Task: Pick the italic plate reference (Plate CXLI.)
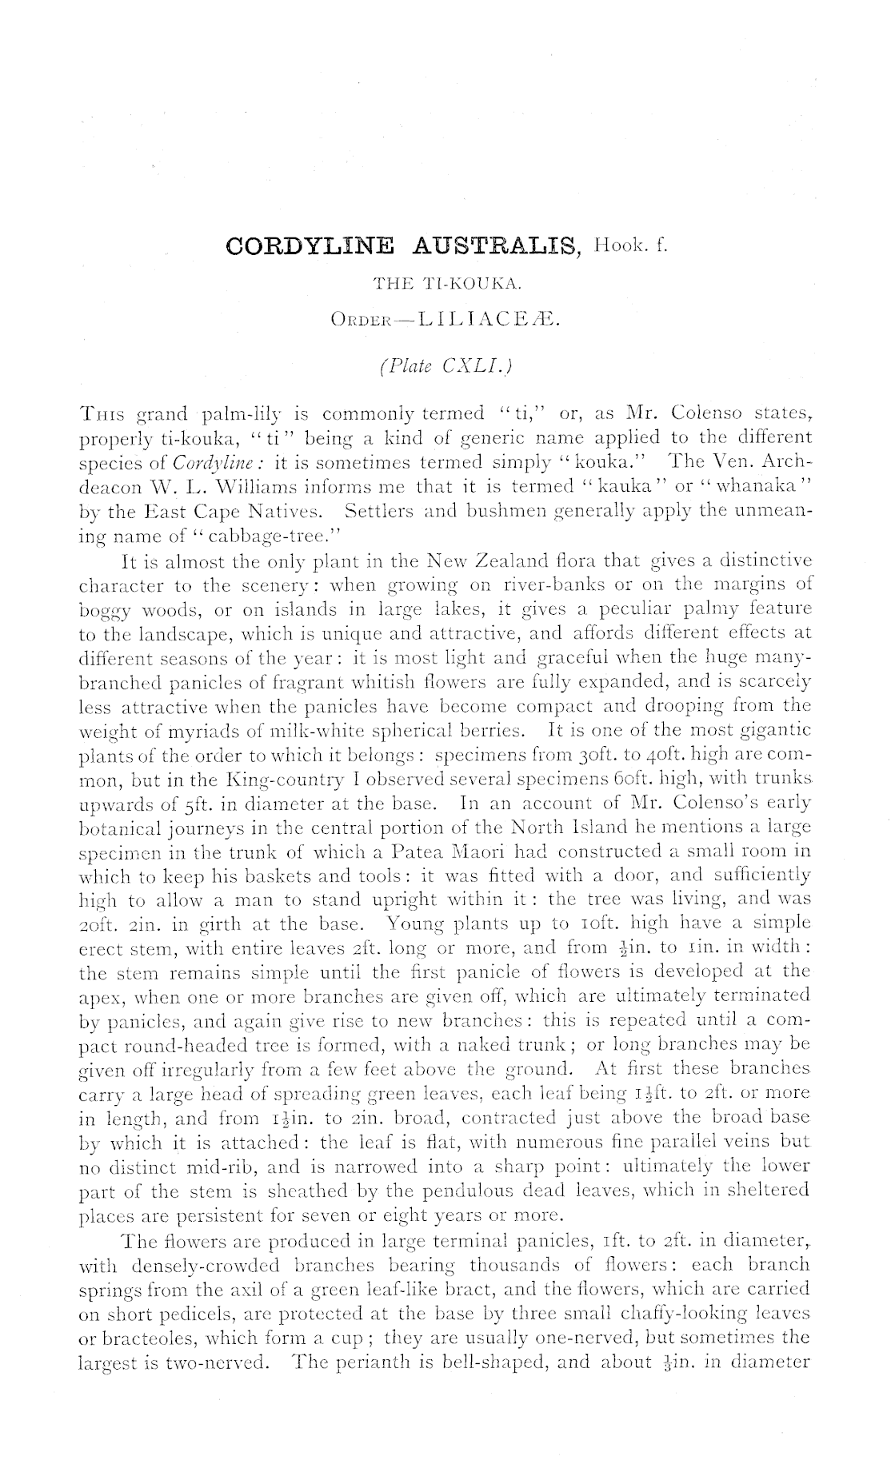(445, 367)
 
